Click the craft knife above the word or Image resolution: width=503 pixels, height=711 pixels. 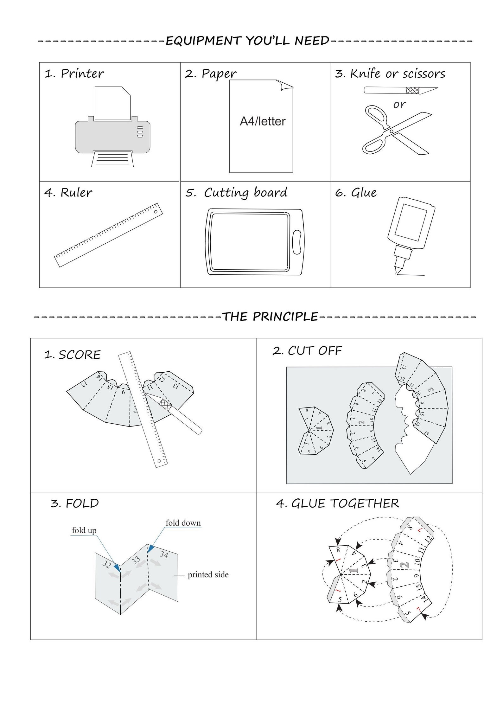point(400,91)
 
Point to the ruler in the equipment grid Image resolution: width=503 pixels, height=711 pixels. point(109,235)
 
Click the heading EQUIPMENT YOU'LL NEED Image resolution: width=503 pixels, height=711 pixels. point(247,41)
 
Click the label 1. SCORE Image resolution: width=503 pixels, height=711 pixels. point(72,355)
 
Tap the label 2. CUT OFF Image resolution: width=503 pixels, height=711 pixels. point(307,351)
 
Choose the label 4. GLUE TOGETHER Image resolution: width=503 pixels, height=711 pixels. point(337,503)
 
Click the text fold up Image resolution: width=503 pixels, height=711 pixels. point(84,530)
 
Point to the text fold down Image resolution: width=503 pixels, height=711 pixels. point(183,522)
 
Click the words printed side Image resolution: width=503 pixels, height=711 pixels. point(208,574)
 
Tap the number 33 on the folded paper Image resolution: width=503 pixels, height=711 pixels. point(136,560)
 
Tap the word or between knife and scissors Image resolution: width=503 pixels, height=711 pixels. point(399,104)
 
